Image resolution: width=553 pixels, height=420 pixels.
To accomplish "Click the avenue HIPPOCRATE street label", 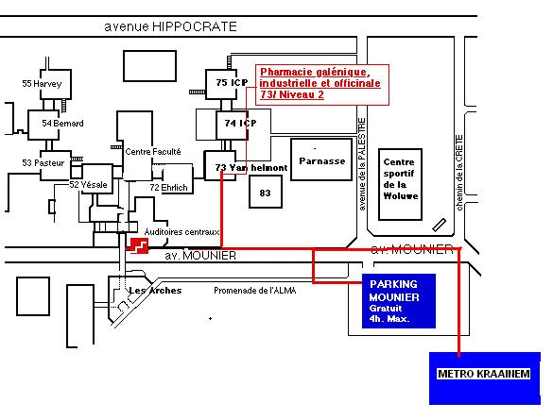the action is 170,26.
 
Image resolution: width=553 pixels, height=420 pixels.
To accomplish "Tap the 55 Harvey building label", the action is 42,84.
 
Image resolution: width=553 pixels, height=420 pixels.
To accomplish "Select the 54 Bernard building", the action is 43,125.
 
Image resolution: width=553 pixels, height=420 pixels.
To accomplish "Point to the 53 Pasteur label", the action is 43,163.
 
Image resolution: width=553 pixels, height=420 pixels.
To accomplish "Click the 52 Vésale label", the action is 88,184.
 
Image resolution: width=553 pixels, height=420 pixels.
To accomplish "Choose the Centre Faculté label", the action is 153,152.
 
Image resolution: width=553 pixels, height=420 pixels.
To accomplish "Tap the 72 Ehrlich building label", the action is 168,188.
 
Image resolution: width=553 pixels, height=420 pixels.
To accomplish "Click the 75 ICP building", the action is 221,84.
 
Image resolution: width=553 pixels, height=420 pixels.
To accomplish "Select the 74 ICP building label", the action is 240,124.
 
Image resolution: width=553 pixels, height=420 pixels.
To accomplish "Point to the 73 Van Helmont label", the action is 251,168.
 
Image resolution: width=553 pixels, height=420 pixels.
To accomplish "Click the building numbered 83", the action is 266,192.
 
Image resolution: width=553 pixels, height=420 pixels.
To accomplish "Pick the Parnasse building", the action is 321,160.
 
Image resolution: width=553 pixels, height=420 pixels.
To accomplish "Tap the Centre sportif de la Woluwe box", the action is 400,184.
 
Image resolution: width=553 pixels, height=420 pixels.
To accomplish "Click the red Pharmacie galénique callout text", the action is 320,83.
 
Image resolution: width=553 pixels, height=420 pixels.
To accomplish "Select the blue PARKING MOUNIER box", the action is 399,301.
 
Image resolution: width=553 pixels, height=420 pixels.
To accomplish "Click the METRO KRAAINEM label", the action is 484,374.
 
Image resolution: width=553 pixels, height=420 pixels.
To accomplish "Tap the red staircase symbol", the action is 139,245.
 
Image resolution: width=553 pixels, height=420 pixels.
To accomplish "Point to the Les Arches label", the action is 155,291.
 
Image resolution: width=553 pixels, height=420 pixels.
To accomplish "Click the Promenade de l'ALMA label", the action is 255,291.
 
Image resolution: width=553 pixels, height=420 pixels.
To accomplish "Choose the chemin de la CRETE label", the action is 458,173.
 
